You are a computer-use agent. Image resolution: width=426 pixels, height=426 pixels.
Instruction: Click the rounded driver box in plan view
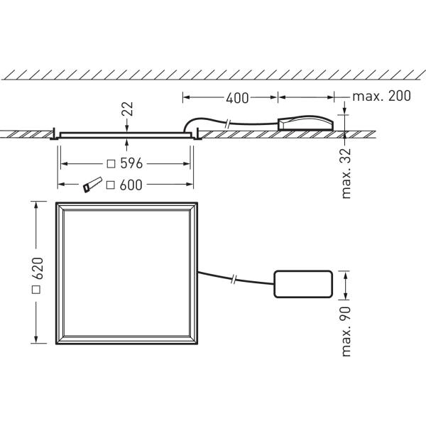click(302, 285)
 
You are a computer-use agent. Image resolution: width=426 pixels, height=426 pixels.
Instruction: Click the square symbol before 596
click(111, 164)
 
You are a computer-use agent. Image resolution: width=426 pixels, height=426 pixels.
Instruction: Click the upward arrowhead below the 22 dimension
click(126, 141)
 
